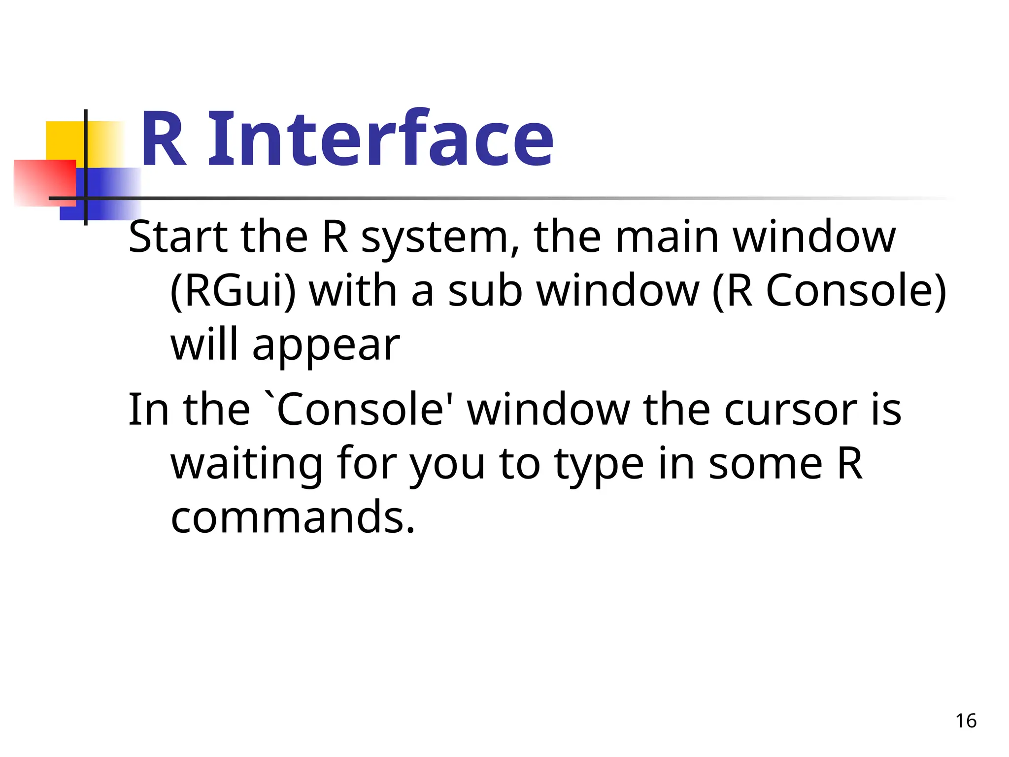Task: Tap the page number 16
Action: click(966, 721)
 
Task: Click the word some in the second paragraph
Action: click(766, 464)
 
